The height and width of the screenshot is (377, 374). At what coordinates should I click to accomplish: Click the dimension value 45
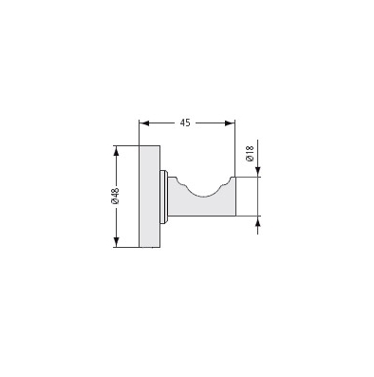[185, 123]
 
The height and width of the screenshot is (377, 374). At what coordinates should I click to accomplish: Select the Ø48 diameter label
[115, 196]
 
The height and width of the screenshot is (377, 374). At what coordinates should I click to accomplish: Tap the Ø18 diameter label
[250, 154]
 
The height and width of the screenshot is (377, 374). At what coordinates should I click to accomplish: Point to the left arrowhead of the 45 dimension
[144, 123]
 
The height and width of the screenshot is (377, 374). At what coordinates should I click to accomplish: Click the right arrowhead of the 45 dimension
[230, 123]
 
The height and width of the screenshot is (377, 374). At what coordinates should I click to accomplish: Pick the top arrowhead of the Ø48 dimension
[116, 151]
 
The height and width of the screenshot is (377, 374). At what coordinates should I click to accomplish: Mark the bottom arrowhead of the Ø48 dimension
[116, 242]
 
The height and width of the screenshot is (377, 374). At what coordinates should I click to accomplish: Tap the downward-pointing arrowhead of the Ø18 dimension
[258, 172]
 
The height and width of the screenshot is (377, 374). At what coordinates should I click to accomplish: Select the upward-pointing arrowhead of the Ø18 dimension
[258, 221]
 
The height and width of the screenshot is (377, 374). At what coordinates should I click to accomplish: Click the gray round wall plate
[150, 197]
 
